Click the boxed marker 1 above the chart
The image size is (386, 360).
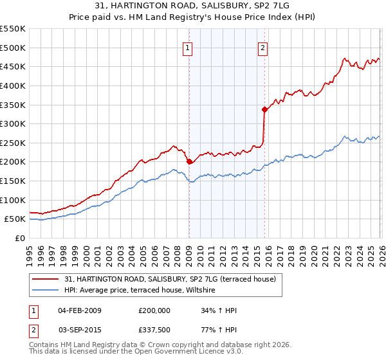click(188, 47)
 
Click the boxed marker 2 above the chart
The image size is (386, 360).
click(264, 47)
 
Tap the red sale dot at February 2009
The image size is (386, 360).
click(189, 162)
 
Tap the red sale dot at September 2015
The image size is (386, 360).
click(264, 109)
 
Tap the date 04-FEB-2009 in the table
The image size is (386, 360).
click(80, 310)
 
